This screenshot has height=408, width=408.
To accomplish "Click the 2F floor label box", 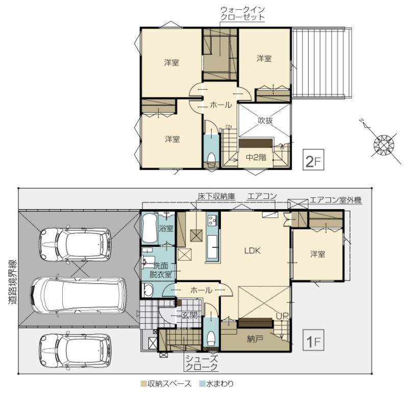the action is (313, 160).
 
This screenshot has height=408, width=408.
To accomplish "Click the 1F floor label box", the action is (313, 340).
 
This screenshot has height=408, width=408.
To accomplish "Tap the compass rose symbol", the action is (384, 145).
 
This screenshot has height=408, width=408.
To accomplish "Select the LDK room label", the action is (252, 250).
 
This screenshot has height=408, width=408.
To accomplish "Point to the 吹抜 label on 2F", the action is (265, 120).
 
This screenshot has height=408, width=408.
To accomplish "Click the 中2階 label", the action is (257, 157).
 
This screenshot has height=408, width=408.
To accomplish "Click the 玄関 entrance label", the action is (190, 315).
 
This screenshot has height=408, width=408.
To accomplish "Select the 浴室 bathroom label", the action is (166, 228).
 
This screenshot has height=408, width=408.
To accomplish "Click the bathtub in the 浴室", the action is (149, 228).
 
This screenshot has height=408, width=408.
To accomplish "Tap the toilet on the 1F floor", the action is (211, 338).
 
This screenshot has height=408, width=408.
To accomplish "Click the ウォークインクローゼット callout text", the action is (243, 14).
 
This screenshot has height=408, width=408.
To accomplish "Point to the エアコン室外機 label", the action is (336, 200).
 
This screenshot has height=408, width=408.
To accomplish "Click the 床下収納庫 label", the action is (216, 196).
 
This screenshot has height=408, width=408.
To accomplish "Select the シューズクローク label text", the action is (201, 363).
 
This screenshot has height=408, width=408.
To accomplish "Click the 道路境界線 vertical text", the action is (12, 282).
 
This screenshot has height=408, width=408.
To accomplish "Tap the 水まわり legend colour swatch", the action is (202, 384).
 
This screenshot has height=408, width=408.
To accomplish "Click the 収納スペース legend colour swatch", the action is (144, 384).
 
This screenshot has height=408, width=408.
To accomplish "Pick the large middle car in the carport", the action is (79, 295).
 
